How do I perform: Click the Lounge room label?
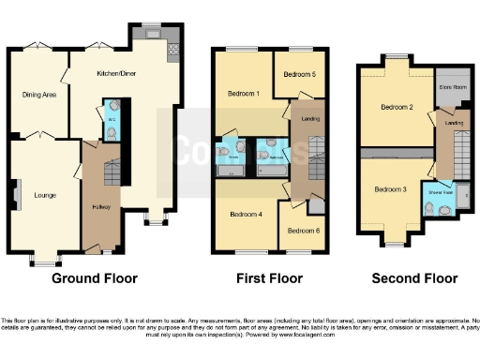(44, 196)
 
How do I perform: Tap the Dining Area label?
(38, 94)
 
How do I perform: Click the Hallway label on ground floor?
(102, 206)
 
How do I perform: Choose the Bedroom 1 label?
(241, 94)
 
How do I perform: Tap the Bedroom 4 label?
(246, 215)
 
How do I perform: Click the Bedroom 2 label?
(397, 107)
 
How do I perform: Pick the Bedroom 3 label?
(390, 189)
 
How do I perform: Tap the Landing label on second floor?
(454, 123)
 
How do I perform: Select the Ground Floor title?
(94, 278)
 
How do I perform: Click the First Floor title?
(270, 278)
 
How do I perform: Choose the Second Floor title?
(414, 278)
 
